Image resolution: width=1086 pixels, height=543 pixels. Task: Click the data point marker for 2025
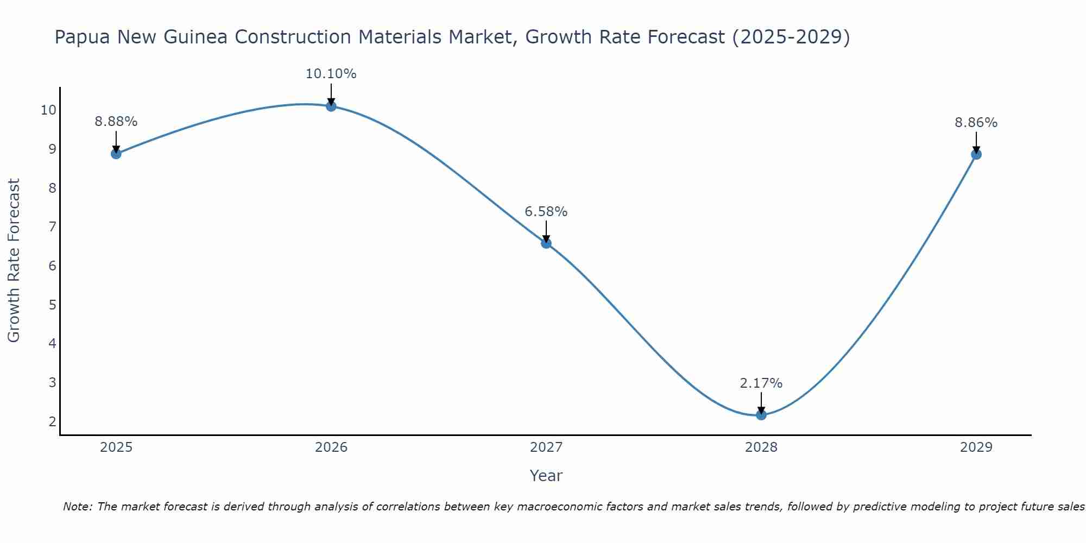[116, 154]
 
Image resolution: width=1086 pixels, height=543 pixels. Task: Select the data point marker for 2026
[331, 106]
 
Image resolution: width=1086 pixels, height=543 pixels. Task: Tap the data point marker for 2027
[546, 243]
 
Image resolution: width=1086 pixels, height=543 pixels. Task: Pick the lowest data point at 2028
[761, 415]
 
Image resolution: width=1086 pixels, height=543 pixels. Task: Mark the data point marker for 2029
[976, 154]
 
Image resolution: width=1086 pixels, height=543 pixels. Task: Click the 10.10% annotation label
[331, 74]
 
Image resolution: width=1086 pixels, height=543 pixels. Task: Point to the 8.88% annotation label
[116, 122]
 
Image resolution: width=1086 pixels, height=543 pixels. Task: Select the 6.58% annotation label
[546, 212]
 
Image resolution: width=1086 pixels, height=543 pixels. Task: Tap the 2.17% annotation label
[761, 383]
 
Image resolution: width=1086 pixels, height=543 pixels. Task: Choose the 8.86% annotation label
[976, 123]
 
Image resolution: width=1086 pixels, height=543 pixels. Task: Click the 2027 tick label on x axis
[546, 447]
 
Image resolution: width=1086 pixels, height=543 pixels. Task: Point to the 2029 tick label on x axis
[976, 447]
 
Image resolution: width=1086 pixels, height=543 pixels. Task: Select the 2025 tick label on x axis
[116, 447]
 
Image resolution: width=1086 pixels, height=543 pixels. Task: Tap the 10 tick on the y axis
[48, 110]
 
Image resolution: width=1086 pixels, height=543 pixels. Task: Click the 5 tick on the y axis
[52, 305]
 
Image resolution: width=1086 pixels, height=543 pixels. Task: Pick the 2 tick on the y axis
[52, 421]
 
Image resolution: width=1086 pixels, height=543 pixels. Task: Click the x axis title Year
[546, 476]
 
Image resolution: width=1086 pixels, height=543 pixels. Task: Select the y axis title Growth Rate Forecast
[14, 261]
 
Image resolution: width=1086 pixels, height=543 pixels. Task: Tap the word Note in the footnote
[78, 507]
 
